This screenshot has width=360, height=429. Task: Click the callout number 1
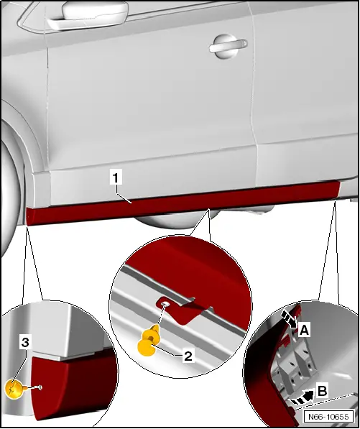116,177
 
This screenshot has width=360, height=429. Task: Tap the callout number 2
188,356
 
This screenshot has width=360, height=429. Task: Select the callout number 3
25,342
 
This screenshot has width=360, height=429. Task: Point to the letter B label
323,391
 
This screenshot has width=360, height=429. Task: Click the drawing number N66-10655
328,417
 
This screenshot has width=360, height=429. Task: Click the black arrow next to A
289,319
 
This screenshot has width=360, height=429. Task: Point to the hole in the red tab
165,304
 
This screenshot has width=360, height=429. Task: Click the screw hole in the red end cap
40,387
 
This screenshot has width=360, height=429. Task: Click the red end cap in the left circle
71,386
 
